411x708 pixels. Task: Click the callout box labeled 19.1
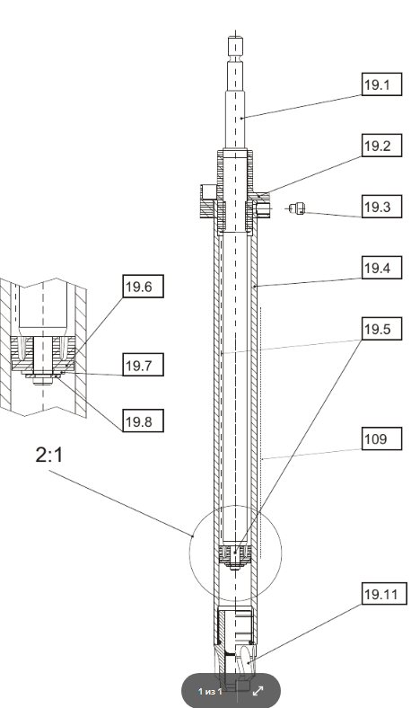coord(377,85)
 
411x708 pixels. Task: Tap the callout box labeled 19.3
coord(377,208)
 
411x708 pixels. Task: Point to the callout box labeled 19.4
coord(377,268)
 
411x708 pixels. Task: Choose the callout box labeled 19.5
coord(377,330)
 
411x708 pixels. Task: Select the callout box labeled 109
coord(377,439)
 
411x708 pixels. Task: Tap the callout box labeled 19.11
coord(381,594)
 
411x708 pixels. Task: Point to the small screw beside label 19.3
coord(300,210)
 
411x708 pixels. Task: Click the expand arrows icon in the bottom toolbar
coord(258,691)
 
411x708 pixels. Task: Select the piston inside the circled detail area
coord(234,553)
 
